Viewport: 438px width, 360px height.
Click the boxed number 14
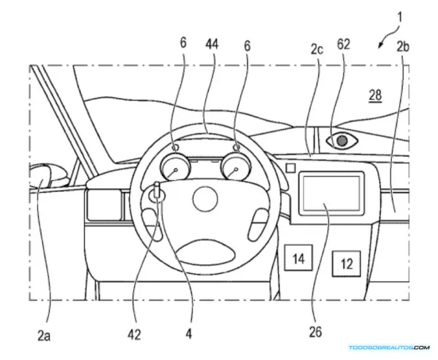tap(298, 258)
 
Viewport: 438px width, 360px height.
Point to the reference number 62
tap(343, 45)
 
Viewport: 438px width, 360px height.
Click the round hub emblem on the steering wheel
tap(205, 199)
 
